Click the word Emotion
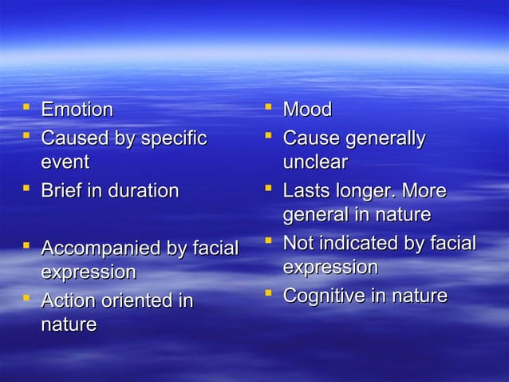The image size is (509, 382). click(x=77, y=109)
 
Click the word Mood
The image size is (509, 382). click(x=307, y=109)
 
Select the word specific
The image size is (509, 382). click(x=174, y=138)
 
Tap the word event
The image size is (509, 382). click(x=65, y=162)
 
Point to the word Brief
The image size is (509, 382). click(x=63, y=191)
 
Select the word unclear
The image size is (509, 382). click(x=314, y=162)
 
